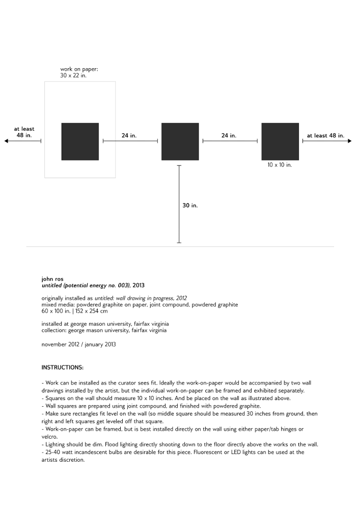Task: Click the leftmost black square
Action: point(80,142)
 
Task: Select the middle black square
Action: point(180,142)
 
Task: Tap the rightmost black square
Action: point(280,142)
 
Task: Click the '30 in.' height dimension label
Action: point(190,206)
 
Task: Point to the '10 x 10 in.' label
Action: point(280,165)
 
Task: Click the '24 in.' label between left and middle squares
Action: point(129,136)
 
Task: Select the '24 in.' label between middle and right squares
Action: point(229,136)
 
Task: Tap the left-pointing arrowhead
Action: point(7,141)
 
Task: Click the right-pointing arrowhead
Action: point(349,141)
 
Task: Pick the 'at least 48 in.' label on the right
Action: point(325,136)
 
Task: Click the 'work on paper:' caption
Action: point(76,69)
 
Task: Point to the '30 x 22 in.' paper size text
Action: point(73,75)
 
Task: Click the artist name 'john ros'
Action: point(51,279)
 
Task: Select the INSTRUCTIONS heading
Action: point(63,367)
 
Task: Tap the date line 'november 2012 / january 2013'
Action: point(78,345)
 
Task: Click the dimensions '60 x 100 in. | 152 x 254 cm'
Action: point(74,311)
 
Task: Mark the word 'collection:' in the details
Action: point(53,330)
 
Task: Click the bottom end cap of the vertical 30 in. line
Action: point(179,243)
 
